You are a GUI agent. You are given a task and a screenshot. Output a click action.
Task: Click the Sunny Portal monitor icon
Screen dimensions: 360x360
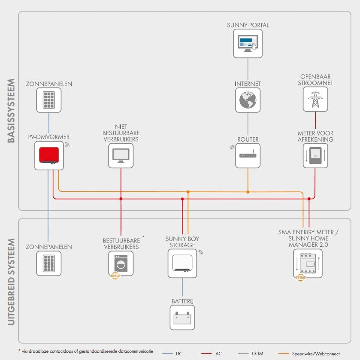coord(248,43)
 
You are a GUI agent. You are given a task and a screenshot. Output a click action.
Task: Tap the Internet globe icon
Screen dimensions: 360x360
coord(248,100)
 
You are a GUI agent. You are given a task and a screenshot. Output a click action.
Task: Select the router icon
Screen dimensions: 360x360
coord(248,155)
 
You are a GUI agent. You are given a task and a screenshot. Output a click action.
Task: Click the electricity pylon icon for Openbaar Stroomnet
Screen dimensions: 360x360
coord(315,100)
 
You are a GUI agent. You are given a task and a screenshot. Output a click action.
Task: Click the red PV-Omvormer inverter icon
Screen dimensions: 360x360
coord(48,155)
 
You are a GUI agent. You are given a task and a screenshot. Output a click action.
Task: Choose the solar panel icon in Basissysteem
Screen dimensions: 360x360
coord(48,100)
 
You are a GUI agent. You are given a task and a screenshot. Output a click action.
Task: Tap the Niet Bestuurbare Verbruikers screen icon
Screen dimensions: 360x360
coord(121,155)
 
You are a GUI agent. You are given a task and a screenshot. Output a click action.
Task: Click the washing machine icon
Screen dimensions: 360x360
coord(121,262)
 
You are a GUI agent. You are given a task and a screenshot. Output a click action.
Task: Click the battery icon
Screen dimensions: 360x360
coord(182,318)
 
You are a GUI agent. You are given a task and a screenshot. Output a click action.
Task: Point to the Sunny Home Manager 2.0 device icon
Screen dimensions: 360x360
coord(307,263)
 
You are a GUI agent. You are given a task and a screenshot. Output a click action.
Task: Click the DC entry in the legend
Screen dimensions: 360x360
coord(179,354)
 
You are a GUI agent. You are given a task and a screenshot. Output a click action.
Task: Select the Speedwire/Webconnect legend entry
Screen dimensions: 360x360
coord(315,354)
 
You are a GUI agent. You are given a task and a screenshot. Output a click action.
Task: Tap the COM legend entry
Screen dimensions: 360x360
coord(257,354)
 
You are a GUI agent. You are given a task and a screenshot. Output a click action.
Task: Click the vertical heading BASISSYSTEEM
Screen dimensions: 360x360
coord(11,110)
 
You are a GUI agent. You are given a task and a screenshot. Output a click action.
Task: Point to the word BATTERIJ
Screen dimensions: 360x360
coord(182,302)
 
